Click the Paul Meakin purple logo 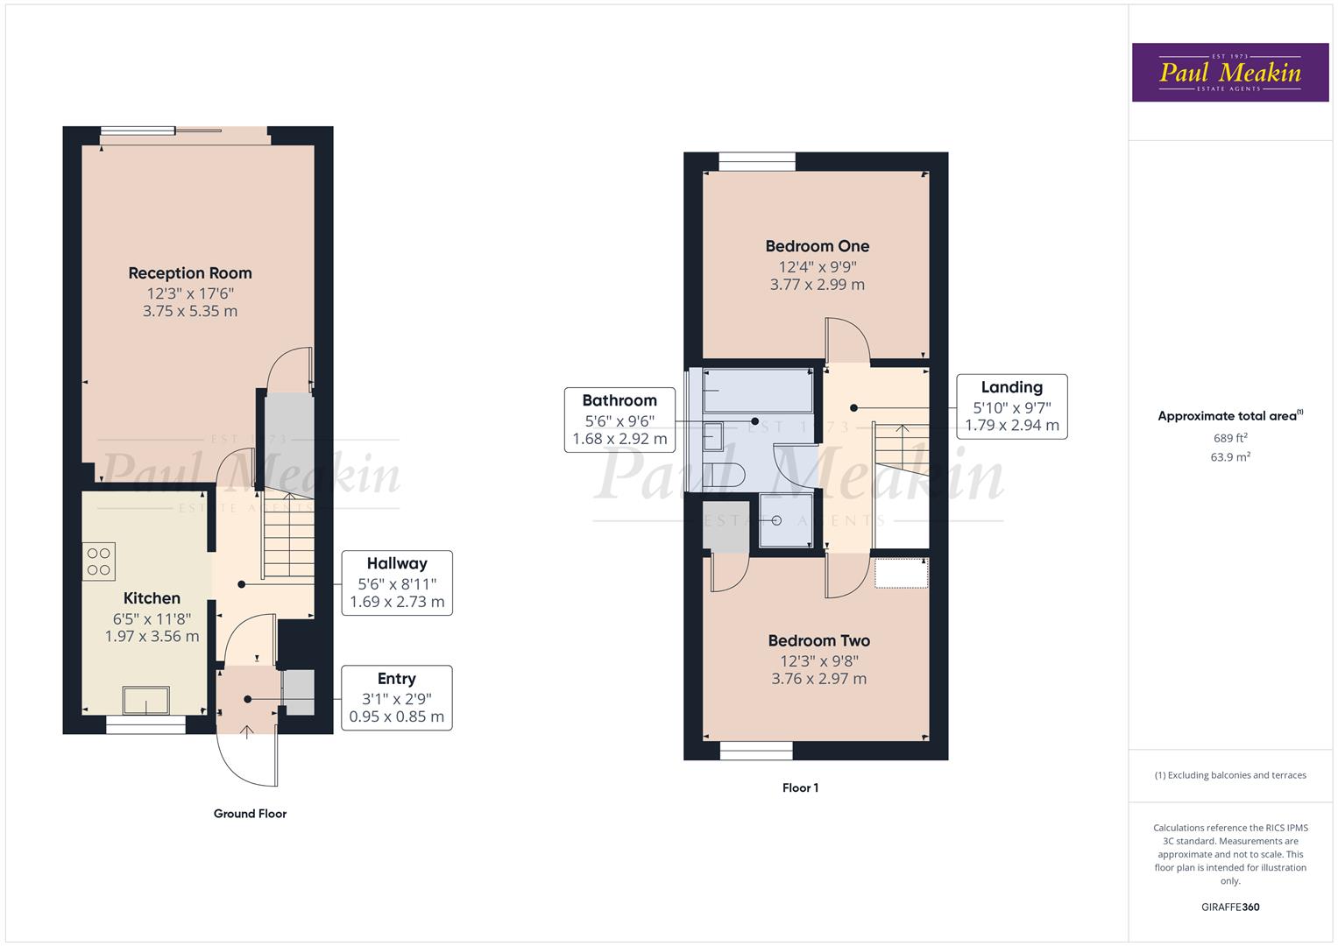(x=1229, y=72)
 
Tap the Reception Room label (x=190, y=273)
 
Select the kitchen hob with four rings (x=99, y=561)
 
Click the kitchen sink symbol (x=145, y=701)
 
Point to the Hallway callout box (x=397, y=582)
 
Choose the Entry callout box (x=397, y=697)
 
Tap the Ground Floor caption (x=250, y=814)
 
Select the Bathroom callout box (x=619, y=420)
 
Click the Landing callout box (x=1011, y=406)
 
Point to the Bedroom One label (x=817, y=246)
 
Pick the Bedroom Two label (x=818, y=641)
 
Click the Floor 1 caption (x=800, y=788)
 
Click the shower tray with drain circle (x=784, y=520)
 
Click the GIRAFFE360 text (x=1229, y=907)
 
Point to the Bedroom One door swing (x=847, y=341)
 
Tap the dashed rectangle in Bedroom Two (x=901, y=573)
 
